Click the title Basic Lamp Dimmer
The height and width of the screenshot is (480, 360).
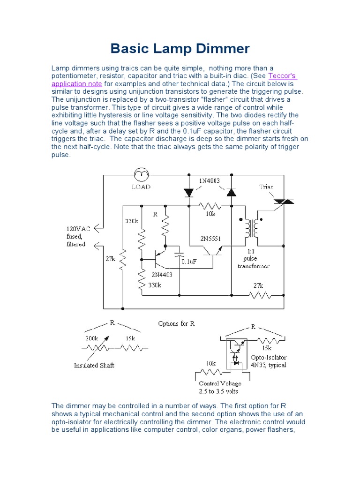(180, 49)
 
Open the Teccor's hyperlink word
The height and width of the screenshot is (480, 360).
(283, 76)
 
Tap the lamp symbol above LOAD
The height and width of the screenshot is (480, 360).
(141, 175)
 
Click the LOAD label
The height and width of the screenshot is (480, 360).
(141, 186)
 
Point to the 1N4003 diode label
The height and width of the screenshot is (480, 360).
(209, 180)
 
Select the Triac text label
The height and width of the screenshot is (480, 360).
(267, 186)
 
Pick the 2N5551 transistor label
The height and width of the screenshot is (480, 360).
(210, 239)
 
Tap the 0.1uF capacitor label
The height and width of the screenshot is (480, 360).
(192, 262)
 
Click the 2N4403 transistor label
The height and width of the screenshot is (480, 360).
(162, 275)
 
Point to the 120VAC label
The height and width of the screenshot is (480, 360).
(78, 229)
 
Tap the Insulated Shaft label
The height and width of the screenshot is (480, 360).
(94, 365)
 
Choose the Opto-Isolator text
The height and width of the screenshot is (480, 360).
(268, 358)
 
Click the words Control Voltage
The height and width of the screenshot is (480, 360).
(220, 383)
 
